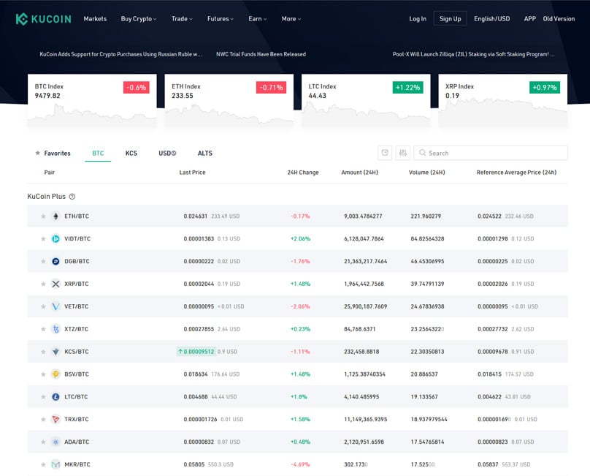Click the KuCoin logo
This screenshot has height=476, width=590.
[x=43, y=18]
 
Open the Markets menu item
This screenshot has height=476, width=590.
[x=95, y=19]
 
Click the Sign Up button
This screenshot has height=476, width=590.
[x=450, y=19]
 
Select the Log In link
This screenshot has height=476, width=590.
[x=418, y=19]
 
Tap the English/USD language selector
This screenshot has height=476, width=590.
[x=491, y=19]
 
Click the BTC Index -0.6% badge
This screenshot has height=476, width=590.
[x=137, y=87]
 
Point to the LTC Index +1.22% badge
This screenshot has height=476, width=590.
[x=407, y=87]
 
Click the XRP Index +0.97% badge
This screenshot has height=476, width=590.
[x=545, y=87]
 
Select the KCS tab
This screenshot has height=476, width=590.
[x=131, y=153]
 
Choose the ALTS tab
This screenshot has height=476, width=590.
[x=205, y=153]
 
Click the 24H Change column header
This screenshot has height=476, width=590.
[x=303, y=173]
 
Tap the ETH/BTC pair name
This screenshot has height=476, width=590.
[x=77, y=216]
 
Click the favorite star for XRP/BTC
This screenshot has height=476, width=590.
[x=43, y=284]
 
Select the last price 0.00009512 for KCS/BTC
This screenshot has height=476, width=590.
[x=199, y=352]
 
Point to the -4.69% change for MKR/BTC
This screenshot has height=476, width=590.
[x=300, y=464]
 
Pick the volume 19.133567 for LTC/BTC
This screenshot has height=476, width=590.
[x=424, y=396]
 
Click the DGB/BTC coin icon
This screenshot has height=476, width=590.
[x=55, y=262]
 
